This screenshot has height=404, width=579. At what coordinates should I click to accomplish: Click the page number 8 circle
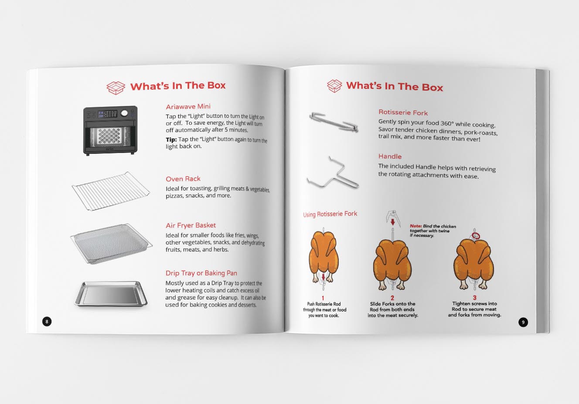point(47,322)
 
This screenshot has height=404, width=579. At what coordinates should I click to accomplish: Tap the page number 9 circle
point(523,322)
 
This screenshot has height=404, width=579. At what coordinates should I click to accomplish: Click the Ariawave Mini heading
point(188,106)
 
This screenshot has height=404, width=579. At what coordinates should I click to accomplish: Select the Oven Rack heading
point(183,179)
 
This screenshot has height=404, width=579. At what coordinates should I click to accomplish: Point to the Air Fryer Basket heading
point(191,225)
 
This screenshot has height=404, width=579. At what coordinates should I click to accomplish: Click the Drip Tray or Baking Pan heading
point(201,273)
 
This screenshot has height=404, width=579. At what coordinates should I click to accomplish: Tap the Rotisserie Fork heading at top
point(403,112)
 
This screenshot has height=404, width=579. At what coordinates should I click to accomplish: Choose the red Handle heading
point(390,156)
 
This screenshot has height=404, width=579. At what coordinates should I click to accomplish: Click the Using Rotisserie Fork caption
point(330,214)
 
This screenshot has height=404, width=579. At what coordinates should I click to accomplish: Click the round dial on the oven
point(124,113)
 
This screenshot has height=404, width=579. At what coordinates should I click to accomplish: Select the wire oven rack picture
point(111,191)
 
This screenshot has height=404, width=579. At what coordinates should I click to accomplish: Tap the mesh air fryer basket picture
point(112,244)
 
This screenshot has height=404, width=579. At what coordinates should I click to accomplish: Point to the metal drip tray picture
point(111,294)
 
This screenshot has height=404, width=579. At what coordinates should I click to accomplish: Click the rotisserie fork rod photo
point(334,122)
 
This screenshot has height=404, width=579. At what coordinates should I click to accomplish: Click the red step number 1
point(323,298)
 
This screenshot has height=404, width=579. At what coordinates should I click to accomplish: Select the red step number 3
point(474,298)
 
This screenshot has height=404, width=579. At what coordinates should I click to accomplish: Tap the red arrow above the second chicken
point(393,222)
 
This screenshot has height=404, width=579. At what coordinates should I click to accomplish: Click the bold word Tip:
point(171,140)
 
